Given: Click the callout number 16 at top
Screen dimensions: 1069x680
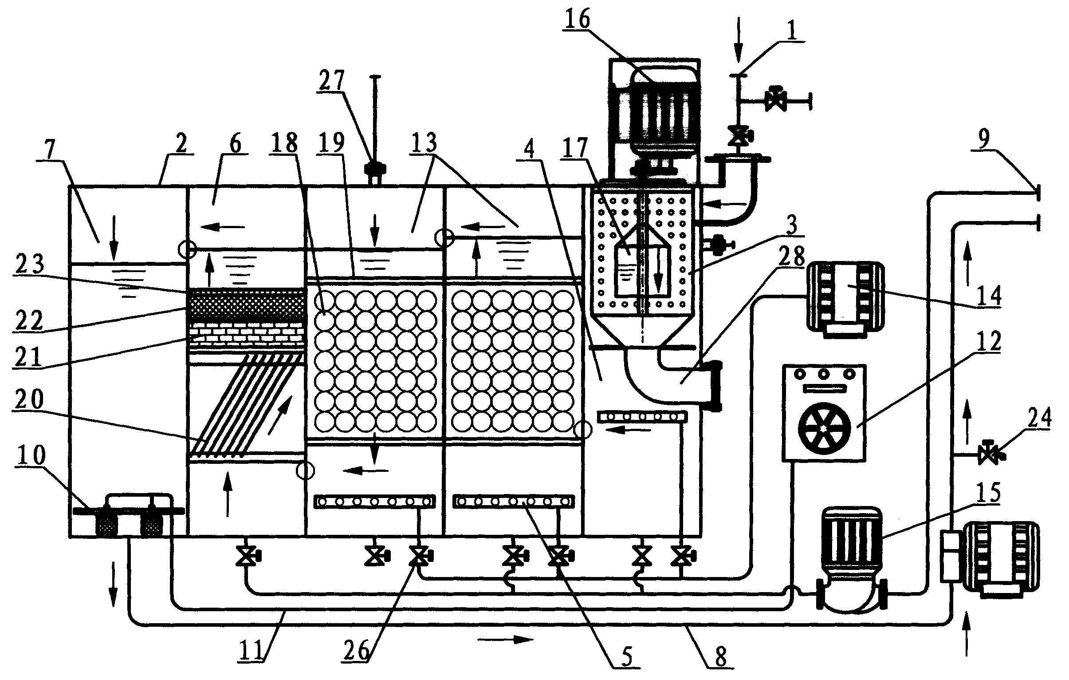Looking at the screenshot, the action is [578, 19].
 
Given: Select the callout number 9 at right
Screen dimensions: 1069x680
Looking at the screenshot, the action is [984, 139].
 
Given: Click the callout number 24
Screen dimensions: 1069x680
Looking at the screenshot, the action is [1039, 418].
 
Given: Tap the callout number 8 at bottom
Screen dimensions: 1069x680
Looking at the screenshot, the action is [720, 656].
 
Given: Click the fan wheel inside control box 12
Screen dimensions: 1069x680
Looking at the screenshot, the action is [823, 428].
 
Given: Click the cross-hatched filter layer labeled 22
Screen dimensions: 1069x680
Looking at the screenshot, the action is [247, 305].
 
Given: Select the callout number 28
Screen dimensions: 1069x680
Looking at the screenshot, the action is [791, 256].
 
